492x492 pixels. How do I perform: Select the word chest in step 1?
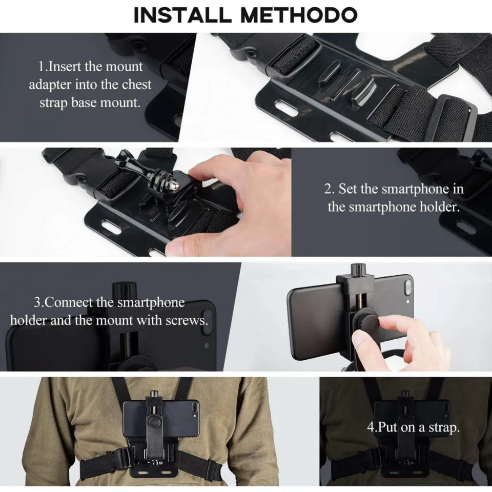(x=137, y=84)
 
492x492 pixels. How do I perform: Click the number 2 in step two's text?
(x=328, y=189)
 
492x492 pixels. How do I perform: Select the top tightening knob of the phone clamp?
(x=356, y=271)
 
